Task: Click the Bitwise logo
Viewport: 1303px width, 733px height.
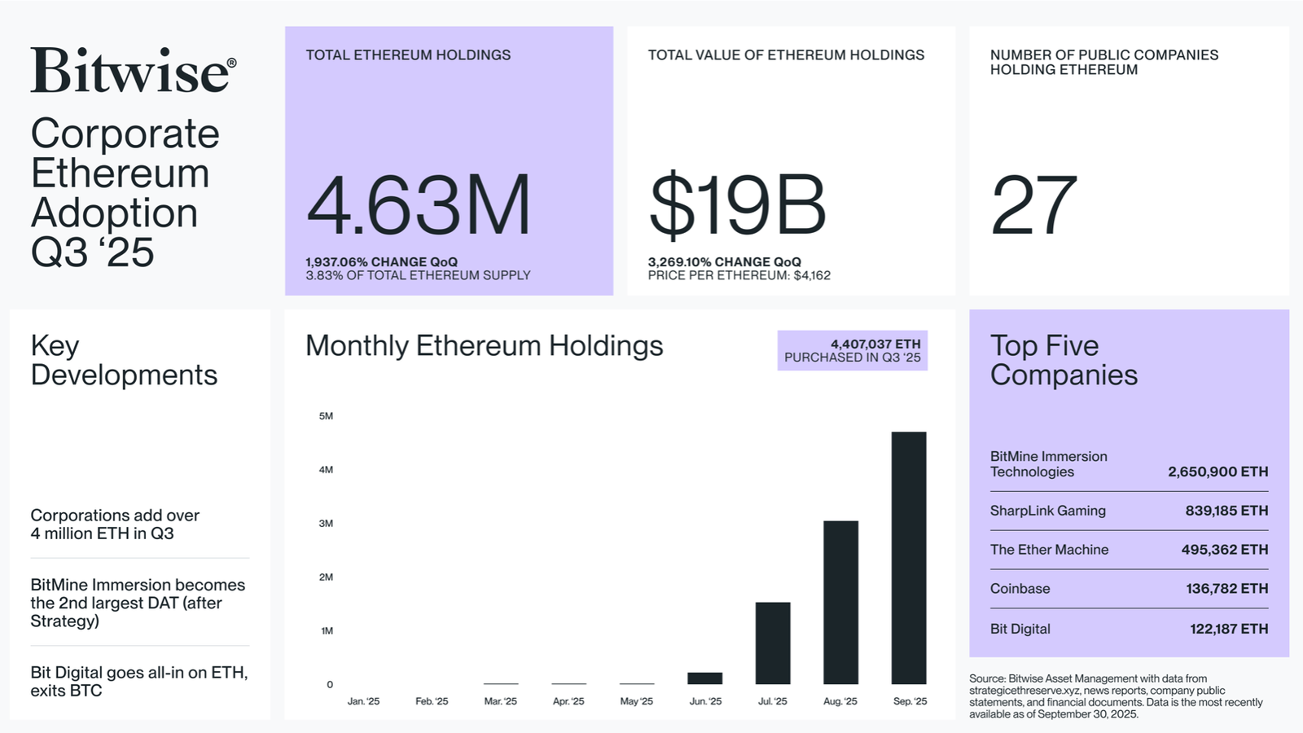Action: point(134,70)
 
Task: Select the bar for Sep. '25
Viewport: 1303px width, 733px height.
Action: point(909,558)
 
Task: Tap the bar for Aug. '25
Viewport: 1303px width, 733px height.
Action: point(840,603)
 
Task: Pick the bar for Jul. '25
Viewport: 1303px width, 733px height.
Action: point(773,643)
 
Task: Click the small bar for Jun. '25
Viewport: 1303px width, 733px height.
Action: point(704,678)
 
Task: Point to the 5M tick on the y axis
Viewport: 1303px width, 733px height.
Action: point(326,416)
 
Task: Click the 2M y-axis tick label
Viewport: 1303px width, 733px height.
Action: point(326,577)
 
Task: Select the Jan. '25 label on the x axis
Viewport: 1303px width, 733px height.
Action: point(363,701)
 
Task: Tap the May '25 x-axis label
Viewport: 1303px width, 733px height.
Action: point(636,701)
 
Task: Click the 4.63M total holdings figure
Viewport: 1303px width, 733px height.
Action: point(419,206)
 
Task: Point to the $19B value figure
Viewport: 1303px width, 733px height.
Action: point(737,206)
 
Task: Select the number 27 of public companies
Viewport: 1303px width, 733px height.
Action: point(1034,206)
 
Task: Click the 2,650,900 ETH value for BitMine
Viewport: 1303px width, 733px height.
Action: point(1217,472)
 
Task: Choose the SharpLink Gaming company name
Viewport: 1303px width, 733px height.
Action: point(1047,511)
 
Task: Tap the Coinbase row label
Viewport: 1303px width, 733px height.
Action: point(1020,589)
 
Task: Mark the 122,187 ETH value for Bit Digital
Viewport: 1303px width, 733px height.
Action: point(1228,629)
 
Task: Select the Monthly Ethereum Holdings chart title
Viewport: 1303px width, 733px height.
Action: point(484,346)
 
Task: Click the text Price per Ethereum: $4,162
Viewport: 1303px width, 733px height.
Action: point(739,276)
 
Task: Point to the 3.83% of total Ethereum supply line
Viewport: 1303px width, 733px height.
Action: point(418,276)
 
